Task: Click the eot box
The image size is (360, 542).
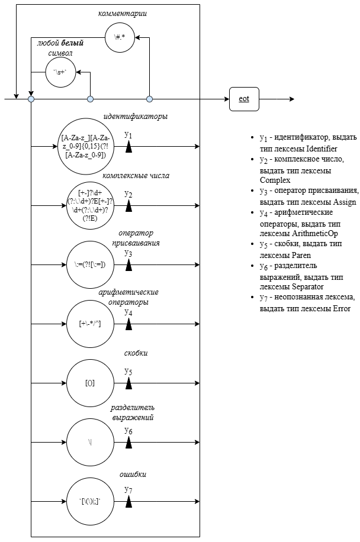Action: tap(244, 99)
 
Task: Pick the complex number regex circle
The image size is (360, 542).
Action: tap(90, 205)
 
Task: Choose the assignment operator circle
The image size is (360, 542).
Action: tap(90, 264)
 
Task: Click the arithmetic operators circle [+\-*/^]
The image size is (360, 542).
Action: tap(90, 324)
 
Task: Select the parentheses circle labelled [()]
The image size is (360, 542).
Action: tap(90, 383)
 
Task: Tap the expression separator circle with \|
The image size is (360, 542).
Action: tap(90, 442)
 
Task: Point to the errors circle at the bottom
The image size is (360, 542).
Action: tap(90, 501)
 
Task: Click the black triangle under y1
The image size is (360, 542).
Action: tap(128, 147)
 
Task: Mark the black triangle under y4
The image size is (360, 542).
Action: tap(128, 324)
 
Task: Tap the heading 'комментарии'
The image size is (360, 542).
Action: tap(123, 12)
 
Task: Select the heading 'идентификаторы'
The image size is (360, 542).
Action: tap(135, 117)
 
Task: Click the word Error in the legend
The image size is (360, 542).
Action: tap(341, 308)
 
